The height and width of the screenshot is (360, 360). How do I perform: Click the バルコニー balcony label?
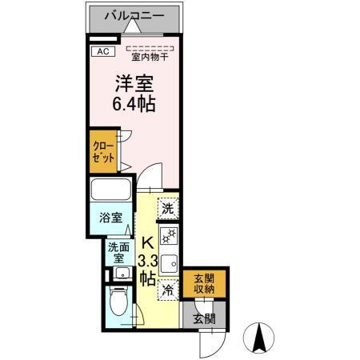134,15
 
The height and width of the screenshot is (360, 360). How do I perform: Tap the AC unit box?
102,52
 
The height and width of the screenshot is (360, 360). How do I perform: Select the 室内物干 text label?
150,58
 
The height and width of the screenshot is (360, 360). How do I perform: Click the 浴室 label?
110,218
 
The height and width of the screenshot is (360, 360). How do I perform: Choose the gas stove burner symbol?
168,236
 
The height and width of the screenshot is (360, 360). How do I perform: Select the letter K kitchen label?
147,243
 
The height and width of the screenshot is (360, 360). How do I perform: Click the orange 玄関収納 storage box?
203,283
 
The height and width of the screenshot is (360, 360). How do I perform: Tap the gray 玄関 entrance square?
204,318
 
